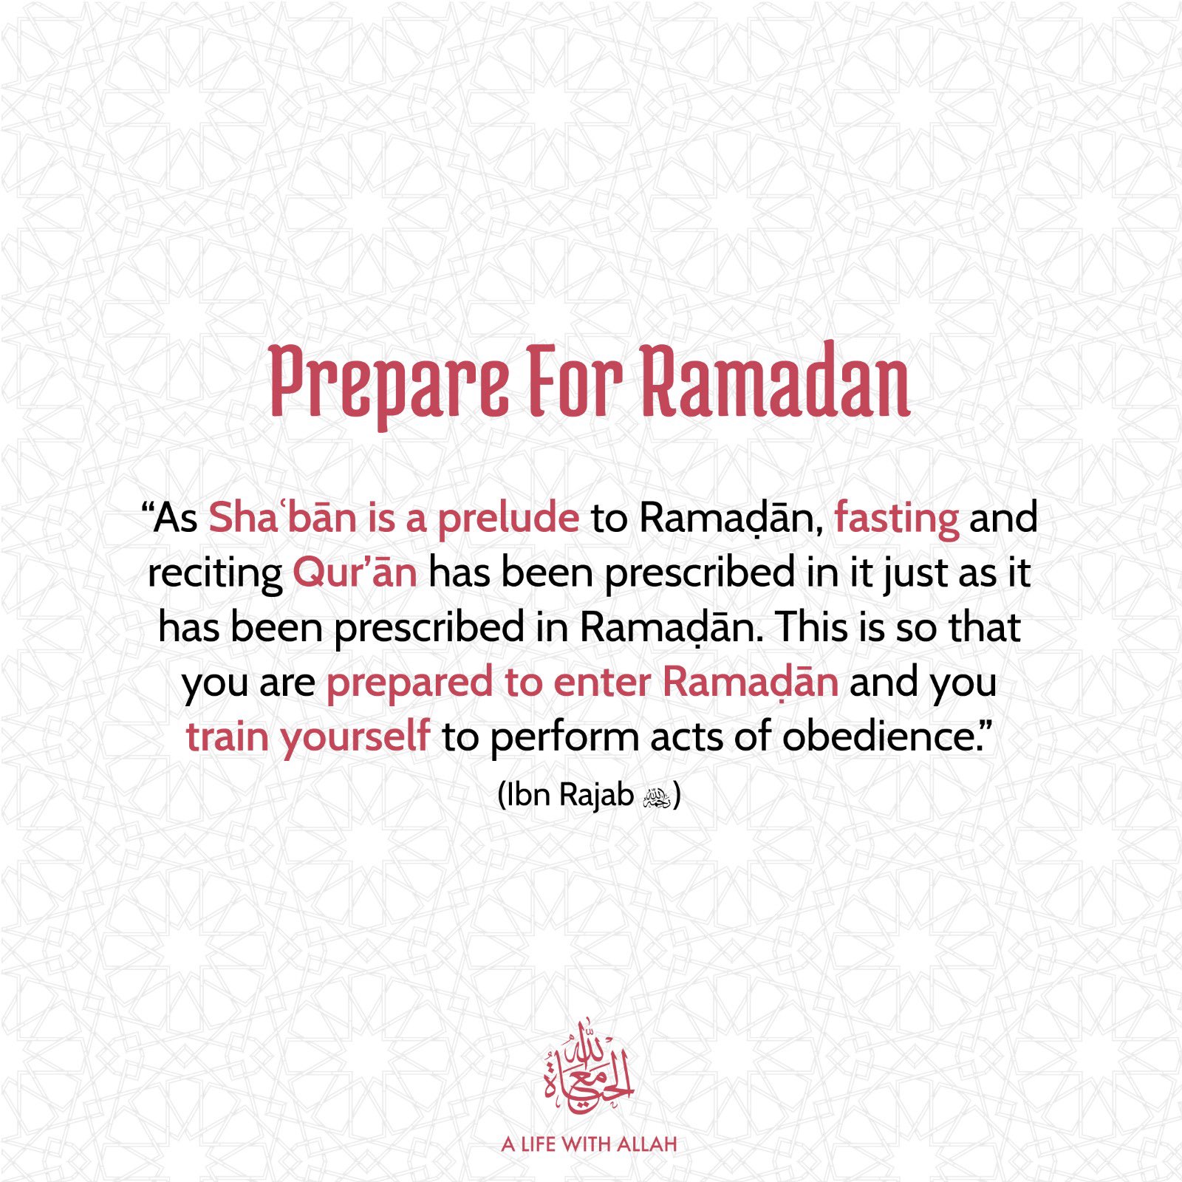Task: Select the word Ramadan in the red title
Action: tap(775, 380)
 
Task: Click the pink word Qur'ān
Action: tap(355, 573)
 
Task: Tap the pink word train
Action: tap(227, 737)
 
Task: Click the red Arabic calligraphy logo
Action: tap(589, 1067)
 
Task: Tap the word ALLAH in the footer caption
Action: tap(646, 1145)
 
